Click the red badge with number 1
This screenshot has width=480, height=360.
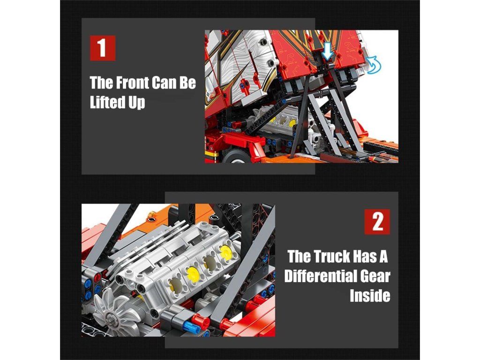(103, 48)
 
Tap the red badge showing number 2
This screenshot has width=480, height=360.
(377, 222)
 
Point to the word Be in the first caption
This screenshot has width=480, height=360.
(187, 82)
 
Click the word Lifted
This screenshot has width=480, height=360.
(107, 102)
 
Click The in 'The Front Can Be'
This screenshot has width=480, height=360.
(101, 82)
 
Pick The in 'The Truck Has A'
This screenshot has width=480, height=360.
(299, 256)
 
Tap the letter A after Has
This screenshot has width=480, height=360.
(384, 256)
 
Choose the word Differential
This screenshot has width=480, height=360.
(320, 276)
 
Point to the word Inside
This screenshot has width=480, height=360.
(370, 296)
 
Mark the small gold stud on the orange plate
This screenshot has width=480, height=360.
(150, 219)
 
